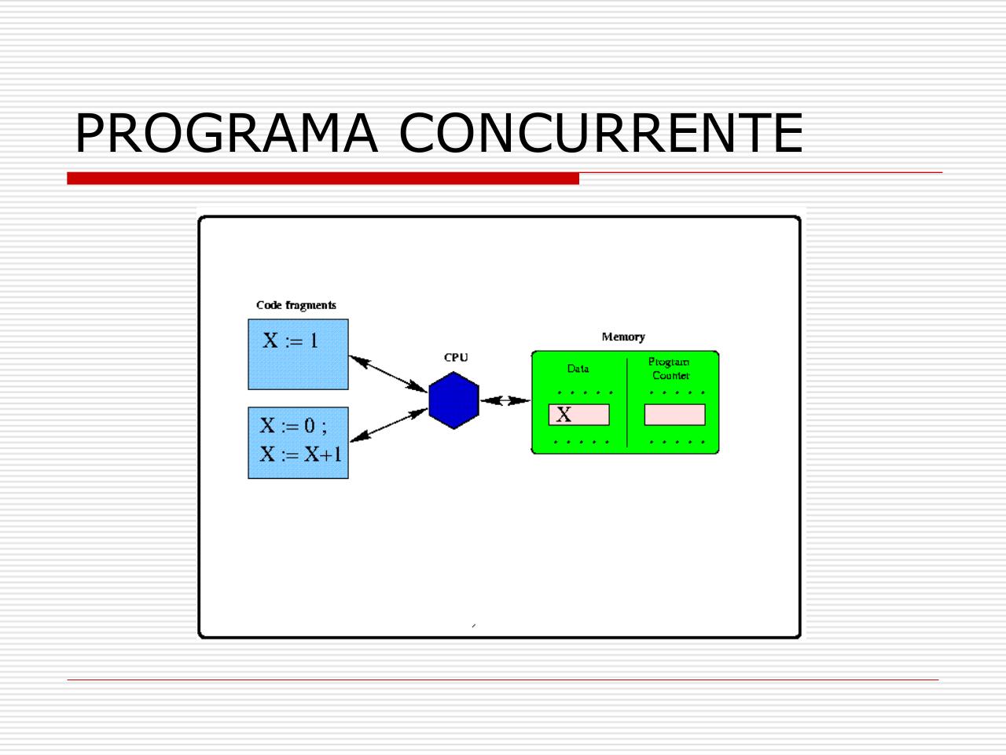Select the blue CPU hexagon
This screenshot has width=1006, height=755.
[x=453, y=400]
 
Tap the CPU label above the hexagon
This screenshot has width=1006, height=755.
[x=456, y=357]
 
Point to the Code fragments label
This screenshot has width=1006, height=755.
[x=296, y=305]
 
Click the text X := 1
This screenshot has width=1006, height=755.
[x=290, y=341]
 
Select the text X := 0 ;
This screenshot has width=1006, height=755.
[x=293, y=425]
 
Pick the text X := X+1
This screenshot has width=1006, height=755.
[x=301, y=455]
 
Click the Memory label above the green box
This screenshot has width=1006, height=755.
[x=623, y=337]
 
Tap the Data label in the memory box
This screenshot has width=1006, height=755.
[x=578, y=368]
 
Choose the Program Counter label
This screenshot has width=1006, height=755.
[x=670, y=369]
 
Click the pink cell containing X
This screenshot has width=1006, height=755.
[x=579, y=414]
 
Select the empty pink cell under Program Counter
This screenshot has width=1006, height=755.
[x=674, y=414]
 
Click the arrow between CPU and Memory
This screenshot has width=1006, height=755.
[x=505, y=400]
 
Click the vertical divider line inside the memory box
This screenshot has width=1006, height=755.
[x=627, y=403]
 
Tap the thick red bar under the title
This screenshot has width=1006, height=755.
[x=322, y=179]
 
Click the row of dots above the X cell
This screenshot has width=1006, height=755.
[x=583, y=392]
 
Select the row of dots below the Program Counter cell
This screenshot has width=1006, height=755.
[x=676, y=443]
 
